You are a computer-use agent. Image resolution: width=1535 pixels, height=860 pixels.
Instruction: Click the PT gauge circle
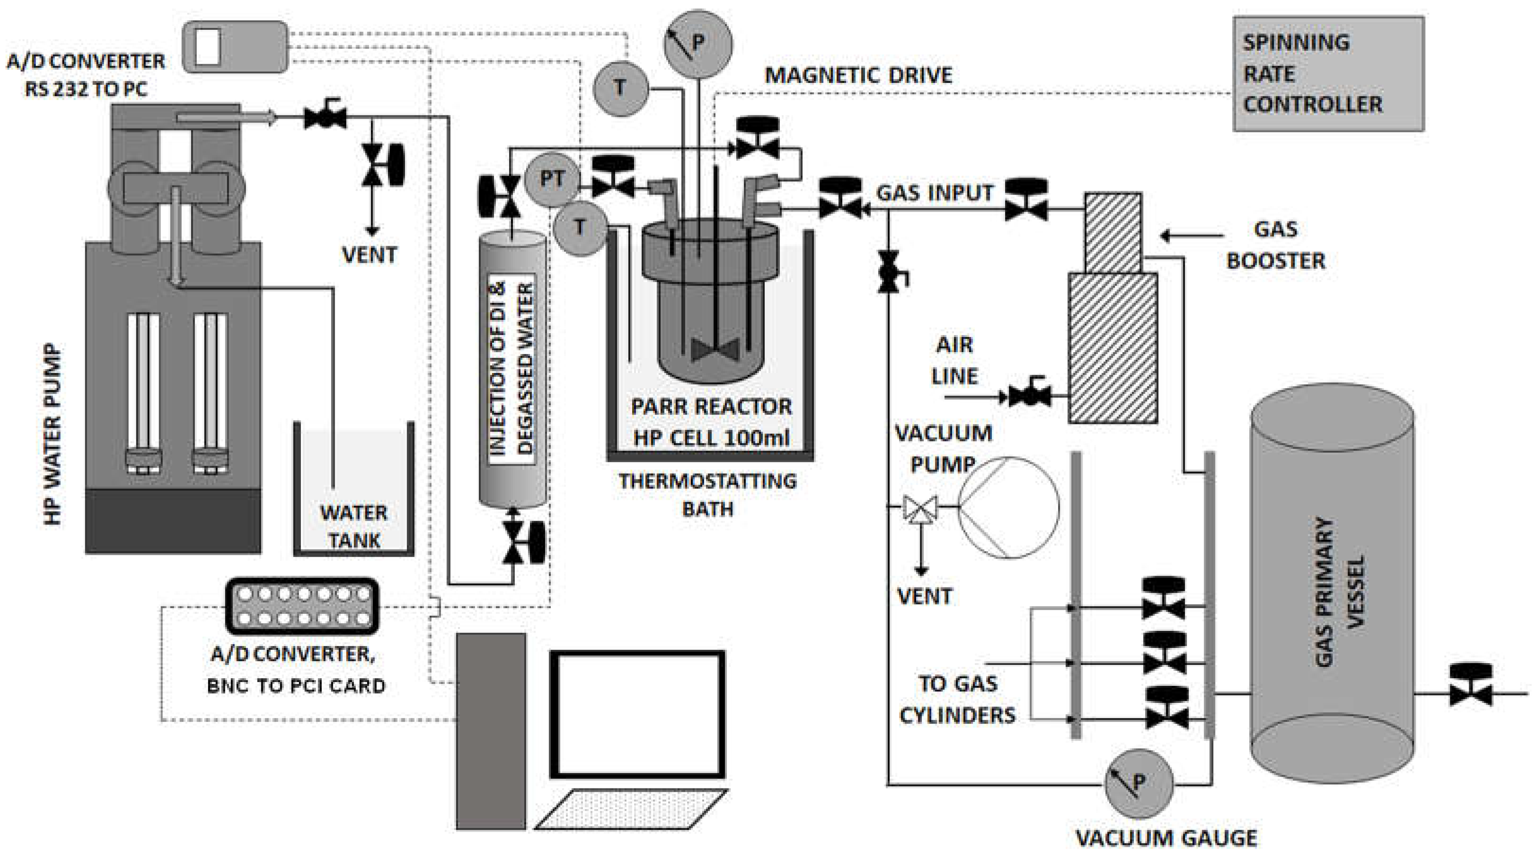pyautogui.click(x=552, y=179)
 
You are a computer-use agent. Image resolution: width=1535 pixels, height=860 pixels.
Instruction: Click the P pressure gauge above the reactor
pyautogui.click(x=698, y=44)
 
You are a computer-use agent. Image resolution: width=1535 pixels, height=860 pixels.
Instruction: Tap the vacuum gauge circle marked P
pyautogui.click(x=1138, y=782)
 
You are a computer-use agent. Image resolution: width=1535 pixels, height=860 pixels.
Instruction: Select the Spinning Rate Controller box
pyautogui.click(x=1328, y=73)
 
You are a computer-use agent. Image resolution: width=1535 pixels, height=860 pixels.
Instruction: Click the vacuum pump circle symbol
pyautogui.click(x=1008, y=507)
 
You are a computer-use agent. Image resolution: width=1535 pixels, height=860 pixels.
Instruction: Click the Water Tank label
pyautogui.click(x=354, y=527)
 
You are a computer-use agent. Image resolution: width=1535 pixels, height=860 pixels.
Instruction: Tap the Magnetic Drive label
pyautogui.click(x=858, y=76)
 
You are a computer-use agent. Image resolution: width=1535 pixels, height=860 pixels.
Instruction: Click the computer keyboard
pyautogui.click(x=632, y=809)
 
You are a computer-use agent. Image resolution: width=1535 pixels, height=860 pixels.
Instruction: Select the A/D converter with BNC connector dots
pyautogui.click(x=302, y=605)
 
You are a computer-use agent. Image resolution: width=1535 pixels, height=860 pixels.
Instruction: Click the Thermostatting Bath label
pyautogui.click(x=707, y=495)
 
